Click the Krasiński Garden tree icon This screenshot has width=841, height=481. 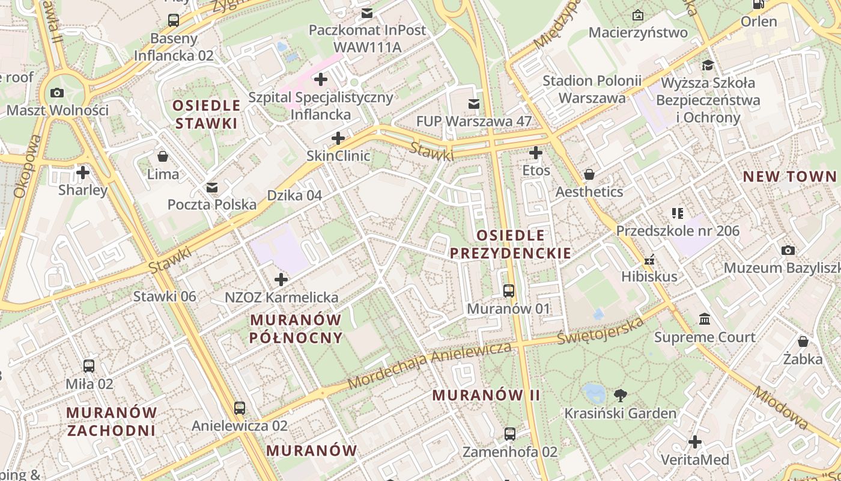[x=620, y=395]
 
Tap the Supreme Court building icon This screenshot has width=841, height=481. [x=705, y=319]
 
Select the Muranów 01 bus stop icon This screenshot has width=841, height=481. [x=509, y=291]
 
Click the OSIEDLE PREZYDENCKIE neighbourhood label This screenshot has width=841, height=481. [x=511, y=244]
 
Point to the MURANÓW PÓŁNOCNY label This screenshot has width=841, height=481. [x=296, y=329]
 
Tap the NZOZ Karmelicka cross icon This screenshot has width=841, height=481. [x=281, y=280]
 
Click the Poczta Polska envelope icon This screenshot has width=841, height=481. [x=212, y=187]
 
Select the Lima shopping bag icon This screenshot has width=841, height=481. [x=163, y=157]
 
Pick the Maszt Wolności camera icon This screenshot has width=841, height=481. [x=57, y=93]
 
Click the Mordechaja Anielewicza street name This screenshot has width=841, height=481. [x=429, y=366]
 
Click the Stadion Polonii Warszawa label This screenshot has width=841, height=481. [x=592, y=89]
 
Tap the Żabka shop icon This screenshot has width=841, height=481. [x=803, y=342]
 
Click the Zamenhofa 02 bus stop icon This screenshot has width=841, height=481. [x=509, y=434]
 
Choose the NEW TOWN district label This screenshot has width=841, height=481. [x=789, y=176]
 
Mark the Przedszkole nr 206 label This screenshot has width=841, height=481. [x=678, y=231]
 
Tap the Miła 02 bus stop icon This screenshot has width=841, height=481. [x=89, y=366]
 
